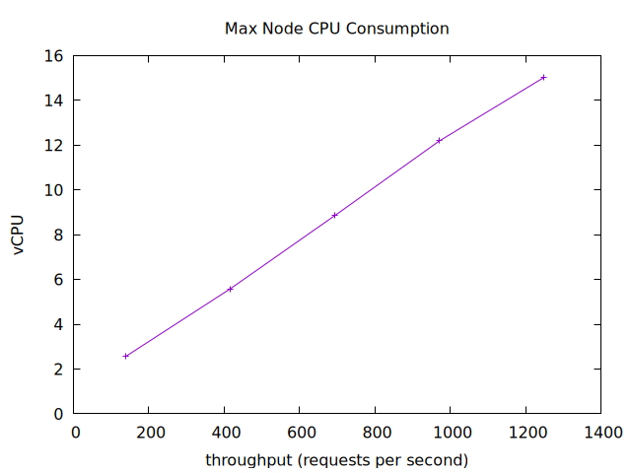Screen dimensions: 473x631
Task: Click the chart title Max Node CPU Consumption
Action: (337, 29)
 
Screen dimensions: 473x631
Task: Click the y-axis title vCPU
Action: (19, 236)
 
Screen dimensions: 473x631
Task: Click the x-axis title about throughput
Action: (336, 460)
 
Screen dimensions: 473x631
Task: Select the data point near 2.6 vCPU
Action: (126, 356)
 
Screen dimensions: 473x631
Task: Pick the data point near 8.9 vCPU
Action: (335, 215)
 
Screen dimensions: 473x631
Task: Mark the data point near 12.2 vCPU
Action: (439, 140)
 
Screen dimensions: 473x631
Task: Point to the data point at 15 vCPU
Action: (543, 77)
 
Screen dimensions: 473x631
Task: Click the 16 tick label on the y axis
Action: (55, 56)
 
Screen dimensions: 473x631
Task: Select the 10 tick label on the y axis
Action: (55, 190)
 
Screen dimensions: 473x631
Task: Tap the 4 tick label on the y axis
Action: (60, 324)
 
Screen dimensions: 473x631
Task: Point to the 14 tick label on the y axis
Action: (55, 101)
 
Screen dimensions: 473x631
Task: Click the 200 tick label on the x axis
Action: (150, 432)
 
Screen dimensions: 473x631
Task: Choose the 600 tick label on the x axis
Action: (301, 432)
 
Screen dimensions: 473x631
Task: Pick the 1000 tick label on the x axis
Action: (451, 432)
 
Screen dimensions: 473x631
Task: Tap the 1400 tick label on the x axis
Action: (601, 432)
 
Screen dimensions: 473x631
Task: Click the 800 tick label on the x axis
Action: (376, 432)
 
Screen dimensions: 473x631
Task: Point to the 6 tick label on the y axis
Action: (60, 280)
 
